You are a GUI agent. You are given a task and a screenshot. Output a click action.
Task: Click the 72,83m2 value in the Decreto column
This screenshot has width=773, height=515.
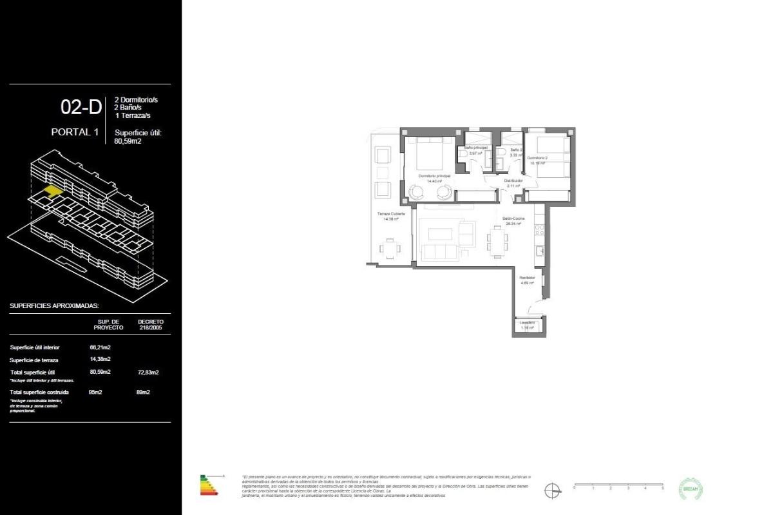[148, 372]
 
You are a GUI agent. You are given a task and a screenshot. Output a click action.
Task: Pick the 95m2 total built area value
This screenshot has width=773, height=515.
[96, 392]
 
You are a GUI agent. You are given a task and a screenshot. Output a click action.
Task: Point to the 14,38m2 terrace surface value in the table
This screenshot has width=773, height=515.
[100, 359]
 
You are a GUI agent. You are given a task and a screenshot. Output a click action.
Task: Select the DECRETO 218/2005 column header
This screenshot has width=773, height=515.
[151, 324]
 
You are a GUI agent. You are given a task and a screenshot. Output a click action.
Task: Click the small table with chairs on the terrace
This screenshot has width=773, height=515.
[390, 248]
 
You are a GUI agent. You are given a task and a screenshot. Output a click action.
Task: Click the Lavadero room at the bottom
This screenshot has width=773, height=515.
[528, 326]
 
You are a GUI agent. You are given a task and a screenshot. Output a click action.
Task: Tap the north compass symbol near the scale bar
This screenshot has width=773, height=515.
[552, 491]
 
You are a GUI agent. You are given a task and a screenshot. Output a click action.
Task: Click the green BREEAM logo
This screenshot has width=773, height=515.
[691, 489]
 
